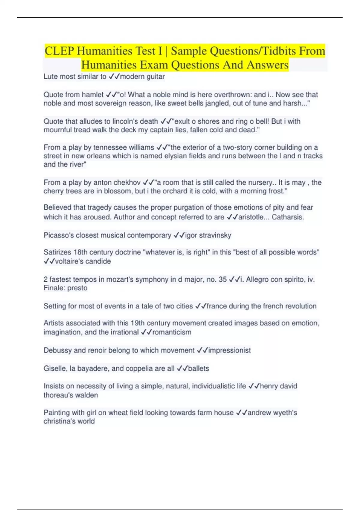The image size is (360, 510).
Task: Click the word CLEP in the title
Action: [59, 51]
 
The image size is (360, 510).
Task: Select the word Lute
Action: [50, 76]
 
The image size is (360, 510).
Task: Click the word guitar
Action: [155, 76]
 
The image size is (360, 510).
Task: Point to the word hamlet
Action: [93, 94]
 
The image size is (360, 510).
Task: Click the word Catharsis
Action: [288, 217]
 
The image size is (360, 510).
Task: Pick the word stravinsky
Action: [215, 235]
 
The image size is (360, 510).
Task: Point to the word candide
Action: [99, 261]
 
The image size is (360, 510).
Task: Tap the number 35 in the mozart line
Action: [223, 279]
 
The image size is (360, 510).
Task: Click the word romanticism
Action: [172, 332]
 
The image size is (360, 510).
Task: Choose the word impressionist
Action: [229, 350]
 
